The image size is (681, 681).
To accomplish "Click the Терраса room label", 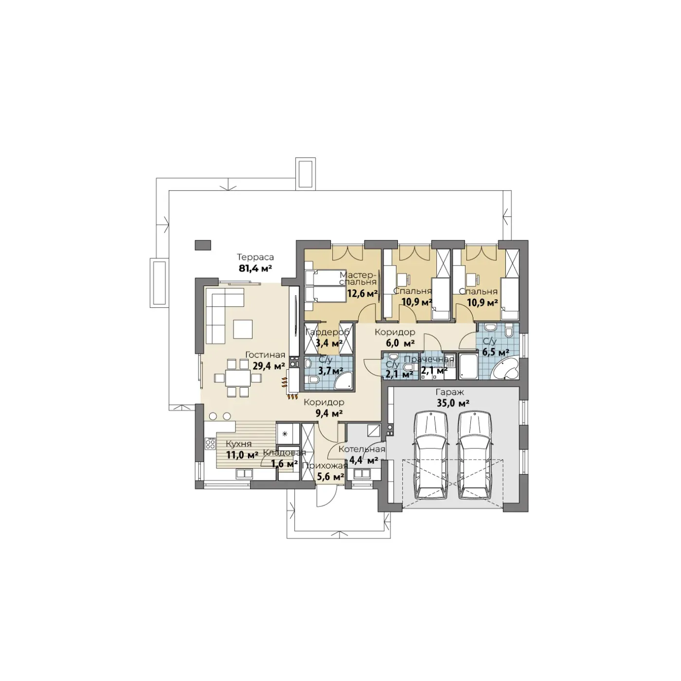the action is pos(255,257).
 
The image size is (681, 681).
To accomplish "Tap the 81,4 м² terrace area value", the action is pos(255,268).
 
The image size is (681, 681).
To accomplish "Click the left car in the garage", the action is pos(431,455).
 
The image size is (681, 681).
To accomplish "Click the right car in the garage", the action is pos(475,455).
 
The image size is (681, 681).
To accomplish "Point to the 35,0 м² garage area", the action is pos(453,403).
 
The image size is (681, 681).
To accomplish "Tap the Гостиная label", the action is pos(265,355).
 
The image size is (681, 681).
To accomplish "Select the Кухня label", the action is pos(238,444).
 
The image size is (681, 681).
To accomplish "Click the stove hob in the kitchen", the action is pos(210,443).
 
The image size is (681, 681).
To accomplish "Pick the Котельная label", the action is pos(361,449).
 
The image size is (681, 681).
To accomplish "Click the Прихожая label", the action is pos(325,466).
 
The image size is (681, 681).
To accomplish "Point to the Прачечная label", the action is pos(429,359).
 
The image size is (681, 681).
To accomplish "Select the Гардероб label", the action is pos(327,332).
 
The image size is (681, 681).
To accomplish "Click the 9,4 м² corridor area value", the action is pos(329,413).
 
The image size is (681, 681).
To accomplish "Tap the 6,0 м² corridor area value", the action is pos(400,343).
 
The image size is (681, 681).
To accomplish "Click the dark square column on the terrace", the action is pos(202,245).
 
